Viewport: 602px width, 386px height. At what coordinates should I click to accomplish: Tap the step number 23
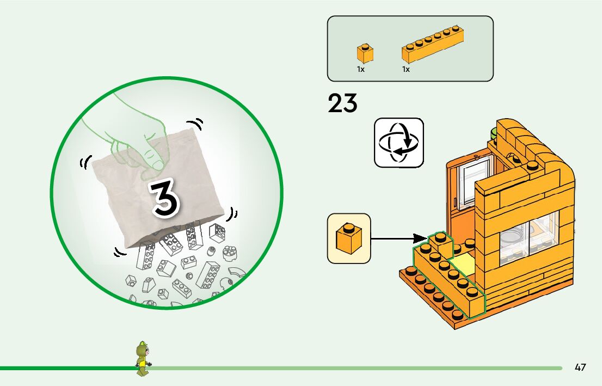pos(342,104)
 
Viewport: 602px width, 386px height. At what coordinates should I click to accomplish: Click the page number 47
pos(580,367)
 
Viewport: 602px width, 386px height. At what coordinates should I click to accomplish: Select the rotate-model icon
pos(398,142)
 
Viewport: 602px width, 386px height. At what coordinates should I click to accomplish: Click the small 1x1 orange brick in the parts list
pos(365,53)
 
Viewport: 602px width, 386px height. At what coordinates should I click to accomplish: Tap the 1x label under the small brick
pos(360,70)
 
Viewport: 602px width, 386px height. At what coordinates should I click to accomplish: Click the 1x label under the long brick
pos(406,70)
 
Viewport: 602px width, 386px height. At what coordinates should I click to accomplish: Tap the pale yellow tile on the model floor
pos(461,267)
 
